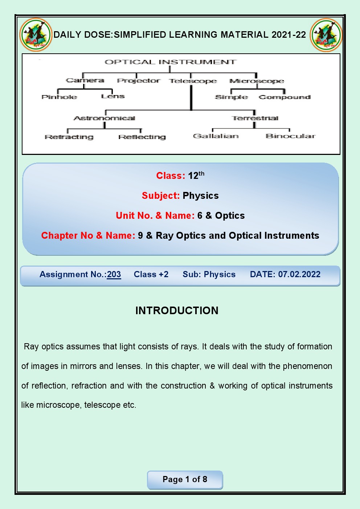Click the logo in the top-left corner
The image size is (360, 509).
(36, 35)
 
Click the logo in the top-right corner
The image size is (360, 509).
(326, 35)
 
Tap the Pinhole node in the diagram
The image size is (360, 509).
(59, 97)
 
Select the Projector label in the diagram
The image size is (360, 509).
(138, 81)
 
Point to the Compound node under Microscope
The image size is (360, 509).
(285, 97)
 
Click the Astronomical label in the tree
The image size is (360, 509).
(105, 118)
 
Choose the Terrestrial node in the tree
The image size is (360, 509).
(255, 118)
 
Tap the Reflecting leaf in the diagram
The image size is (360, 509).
(142, 137)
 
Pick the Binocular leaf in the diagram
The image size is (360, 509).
(290, 136)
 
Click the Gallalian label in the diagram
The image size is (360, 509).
(216, 136)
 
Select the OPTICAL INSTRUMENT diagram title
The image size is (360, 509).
(171, 62)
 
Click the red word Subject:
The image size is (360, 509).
(161, 196)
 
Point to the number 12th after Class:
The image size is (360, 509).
(196, 175)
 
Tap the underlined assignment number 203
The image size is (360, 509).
(114, 275)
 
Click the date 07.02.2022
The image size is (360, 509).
(299, 274)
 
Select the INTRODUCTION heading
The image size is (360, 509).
(177, 311)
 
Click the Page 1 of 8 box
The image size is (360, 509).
(185, 480)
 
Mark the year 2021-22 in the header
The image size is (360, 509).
(289, 35)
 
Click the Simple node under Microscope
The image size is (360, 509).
(231, 97)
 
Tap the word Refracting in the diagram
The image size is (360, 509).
(69, 137)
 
